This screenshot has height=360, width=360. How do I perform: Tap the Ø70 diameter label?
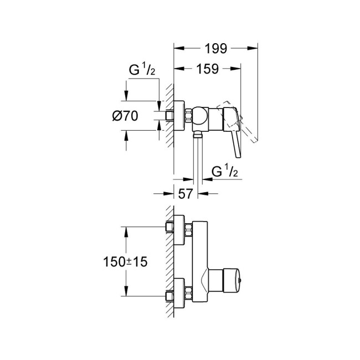pyautogui.click(x=125, y=116)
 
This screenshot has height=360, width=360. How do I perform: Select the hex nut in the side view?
pyautogui.click(x=190, y=116)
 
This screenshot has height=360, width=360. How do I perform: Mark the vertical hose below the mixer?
pyautogui.click(x=197, y=161)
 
